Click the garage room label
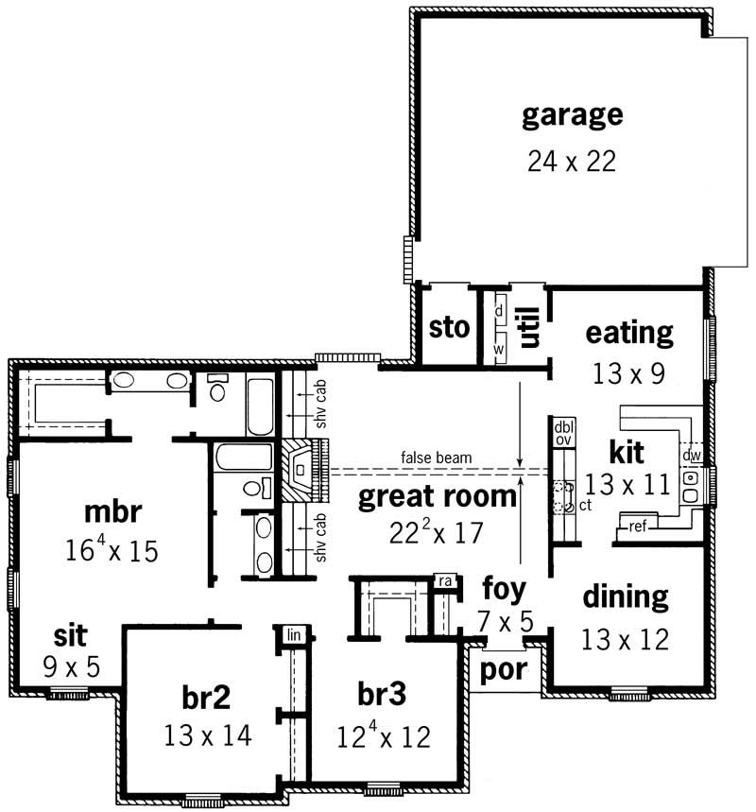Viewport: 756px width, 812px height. click(572, 115)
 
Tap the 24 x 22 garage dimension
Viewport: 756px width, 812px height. click(572, 161)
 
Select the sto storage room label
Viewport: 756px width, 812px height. click(449, 328)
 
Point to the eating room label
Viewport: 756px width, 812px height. click(629, 333)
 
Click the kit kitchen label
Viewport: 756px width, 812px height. click(626, 450)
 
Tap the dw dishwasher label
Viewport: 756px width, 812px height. click(691, 456)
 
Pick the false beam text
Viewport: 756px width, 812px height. click(436, 458)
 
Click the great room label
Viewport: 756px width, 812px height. click(438, 496)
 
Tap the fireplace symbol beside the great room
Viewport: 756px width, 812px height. click(301, 470)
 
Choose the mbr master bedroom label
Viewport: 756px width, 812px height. click(112, 511)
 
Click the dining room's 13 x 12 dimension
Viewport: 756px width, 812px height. click(626, 639)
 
